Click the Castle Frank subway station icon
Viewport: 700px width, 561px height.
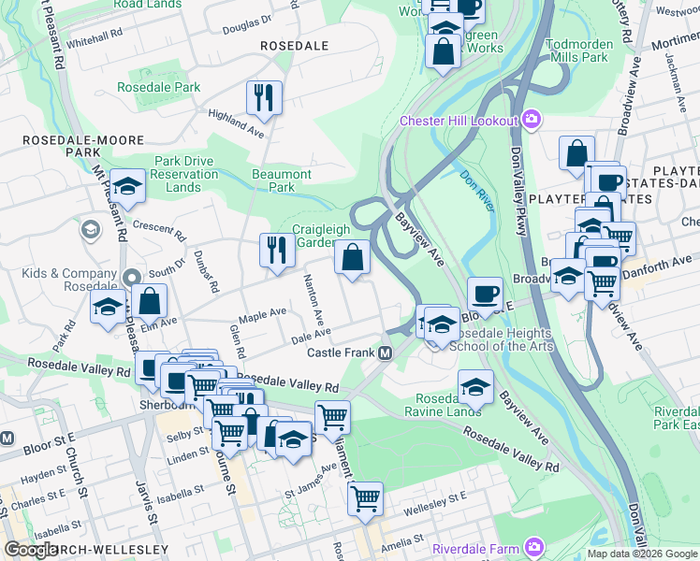click(x=385, y=352)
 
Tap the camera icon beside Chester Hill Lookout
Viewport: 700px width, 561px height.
click(x=532, y=120)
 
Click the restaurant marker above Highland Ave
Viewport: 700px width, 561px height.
click(x=264, y=98)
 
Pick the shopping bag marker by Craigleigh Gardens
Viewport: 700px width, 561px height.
click(x=352, y=258)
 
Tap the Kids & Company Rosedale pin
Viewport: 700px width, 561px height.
click(x=131, y=278)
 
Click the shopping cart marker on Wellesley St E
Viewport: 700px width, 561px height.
click(x=365, y=496)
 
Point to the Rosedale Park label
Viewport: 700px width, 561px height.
click(x=158, y=87)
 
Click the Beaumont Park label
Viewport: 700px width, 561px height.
click(x=282, y=180)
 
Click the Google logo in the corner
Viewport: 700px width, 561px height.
click(x=31, y=550)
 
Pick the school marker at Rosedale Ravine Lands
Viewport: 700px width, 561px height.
click(x=475, y=385)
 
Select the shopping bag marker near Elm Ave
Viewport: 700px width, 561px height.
click(x=150, y=301)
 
